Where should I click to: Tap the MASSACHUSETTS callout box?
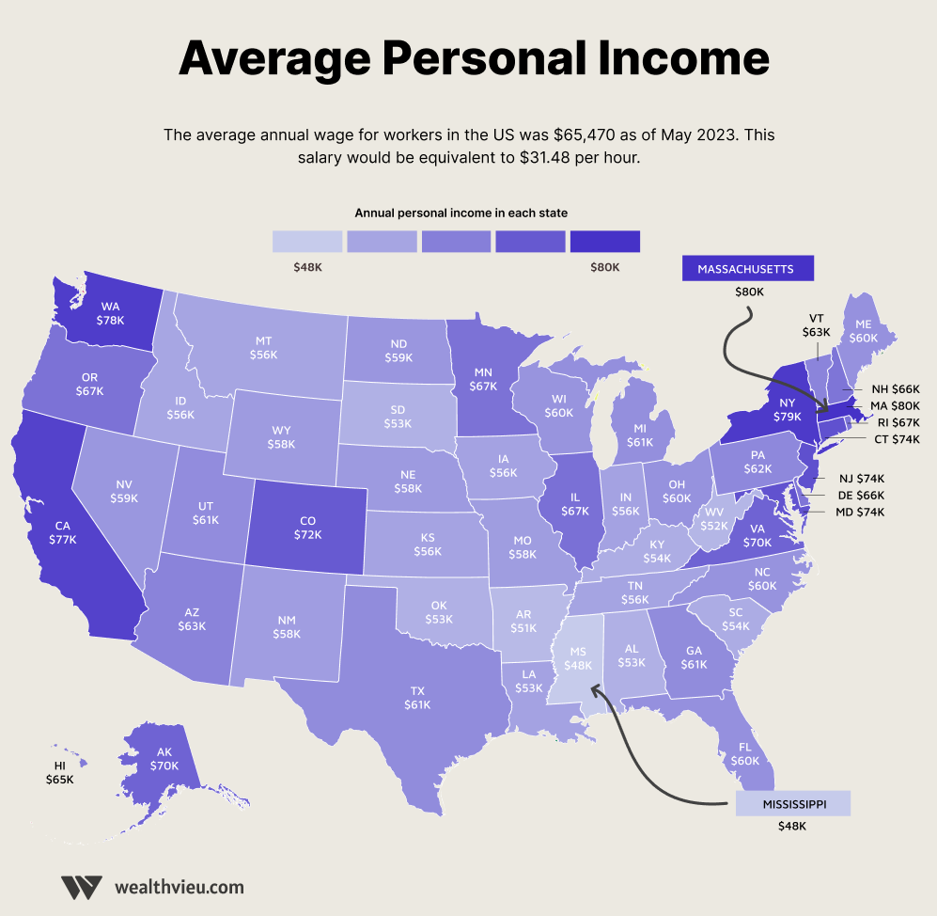(747, 269)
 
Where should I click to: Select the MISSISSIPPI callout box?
(792, 803)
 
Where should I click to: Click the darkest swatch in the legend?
(604, 242)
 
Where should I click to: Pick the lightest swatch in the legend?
(307, 242)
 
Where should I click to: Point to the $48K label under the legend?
(307, 268)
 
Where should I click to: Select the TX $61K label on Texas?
(417, 697)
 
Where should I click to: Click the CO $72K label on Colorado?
(307, 527)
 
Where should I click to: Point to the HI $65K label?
(59, 773)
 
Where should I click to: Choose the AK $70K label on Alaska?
(164, 759)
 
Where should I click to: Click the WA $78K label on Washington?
(110, 313)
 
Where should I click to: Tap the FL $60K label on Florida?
(744, 753)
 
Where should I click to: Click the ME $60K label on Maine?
(863, 329)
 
